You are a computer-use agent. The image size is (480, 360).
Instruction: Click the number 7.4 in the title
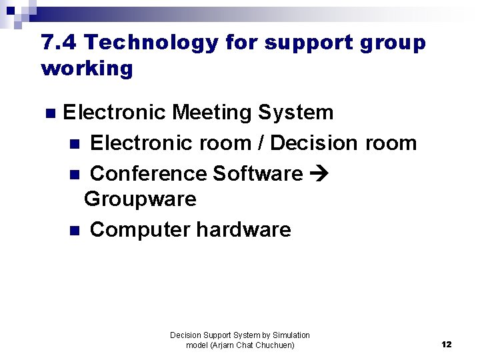coord(59,43)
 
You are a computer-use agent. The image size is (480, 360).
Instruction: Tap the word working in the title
coord(87,68)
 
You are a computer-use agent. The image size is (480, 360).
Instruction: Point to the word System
coord(295,112)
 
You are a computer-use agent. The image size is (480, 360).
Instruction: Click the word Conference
coord(147,173)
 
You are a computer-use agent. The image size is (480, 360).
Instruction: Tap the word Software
coord(257,173)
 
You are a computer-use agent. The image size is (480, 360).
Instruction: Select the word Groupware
coord(140,199)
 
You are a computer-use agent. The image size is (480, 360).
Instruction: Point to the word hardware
coord(243,229)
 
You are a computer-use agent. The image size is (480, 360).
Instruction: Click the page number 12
coord(447,345)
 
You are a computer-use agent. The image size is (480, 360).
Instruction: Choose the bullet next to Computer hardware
coord(74,230)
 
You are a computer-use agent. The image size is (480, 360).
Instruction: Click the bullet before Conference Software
coord(74,174)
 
